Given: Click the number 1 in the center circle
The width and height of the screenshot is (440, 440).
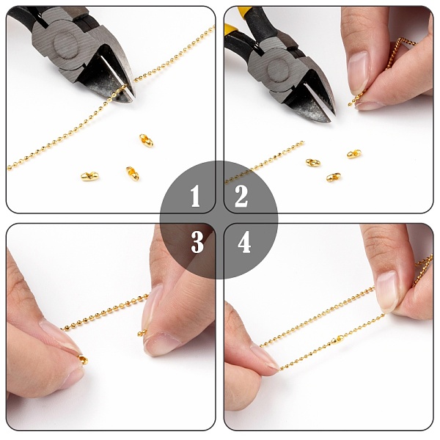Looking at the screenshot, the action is [x=195, y=196].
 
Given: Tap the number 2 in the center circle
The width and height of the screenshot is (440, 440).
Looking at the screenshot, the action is [x=241, y=196].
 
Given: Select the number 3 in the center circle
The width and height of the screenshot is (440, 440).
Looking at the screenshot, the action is [x=197, y=242].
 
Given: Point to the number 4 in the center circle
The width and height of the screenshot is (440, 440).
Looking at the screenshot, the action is [x=244, y=242].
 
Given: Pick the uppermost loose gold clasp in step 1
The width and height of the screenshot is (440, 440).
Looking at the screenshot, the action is [x=146, y=140].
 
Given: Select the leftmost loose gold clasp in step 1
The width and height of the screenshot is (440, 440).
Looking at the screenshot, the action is [x=89, y=176].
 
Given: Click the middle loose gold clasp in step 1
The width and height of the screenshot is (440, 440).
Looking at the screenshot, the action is [x=132, y=173].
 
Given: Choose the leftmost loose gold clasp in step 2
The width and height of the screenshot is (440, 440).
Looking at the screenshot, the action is [x=313, y=163].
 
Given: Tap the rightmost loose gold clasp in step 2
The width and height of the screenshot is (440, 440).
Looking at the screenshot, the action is [x=354, y=154].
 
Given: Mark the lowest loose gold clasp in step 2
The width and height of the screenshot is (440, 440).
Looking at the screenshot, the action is [x=334, y=177].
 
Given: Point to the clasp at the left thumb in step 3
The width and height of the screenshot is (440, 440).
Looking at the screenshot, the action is [x=83, y=359].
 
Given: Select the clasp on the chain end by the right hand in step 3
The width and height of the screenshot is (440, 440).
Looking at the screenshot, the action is [x=142, y=333].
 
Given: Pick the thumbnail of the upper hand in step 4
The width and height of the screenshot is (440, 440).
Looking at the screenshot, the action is [x=387, y=292].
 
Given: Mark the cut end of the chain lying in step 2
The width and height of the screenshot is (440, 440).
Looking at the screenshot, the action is [x=302, y=142].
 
